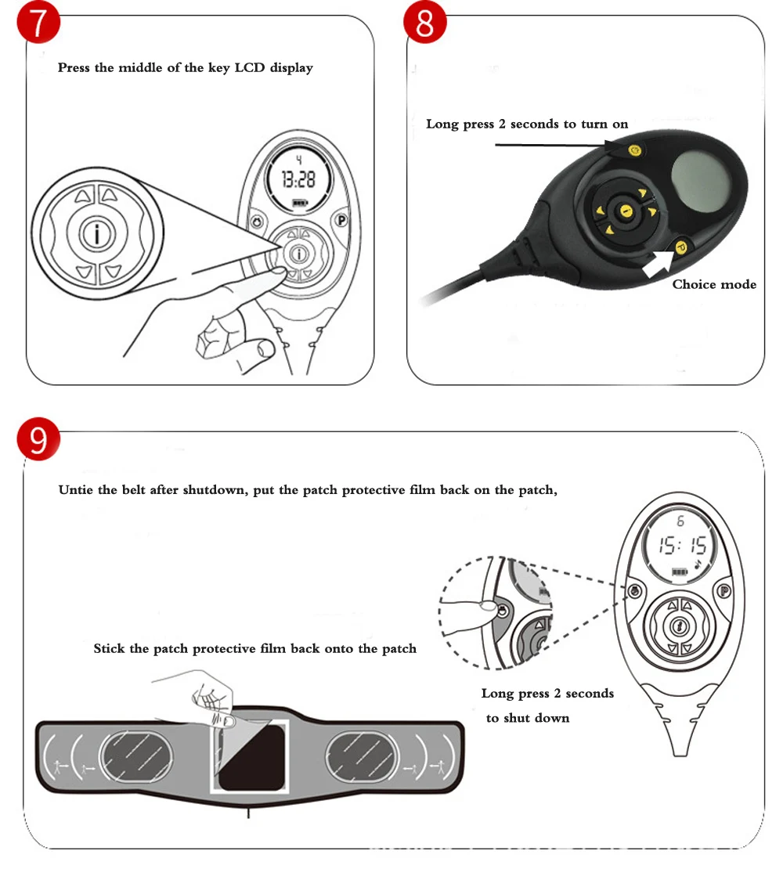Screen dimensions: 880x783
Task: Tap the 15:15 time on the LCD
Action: tap(681, 546)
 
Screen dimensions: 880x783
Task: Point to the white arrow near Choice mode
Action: tap(656, 264)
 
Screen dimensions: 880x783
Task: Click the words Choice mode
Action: tap(714, 284)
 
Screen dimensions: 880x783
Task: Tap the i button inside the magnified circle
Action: tap(96, 233)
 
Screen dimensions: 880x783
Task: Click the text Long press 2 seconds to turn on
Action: tap(526, 124)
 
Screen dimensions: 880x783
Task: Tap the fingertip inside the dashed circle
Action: tap(485, 606)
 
